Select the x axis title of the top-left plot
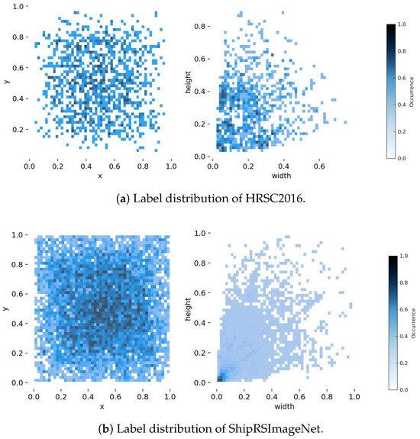[x=100, y=177]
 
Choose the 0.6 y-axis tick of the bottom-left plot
[x=18, y=292]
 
